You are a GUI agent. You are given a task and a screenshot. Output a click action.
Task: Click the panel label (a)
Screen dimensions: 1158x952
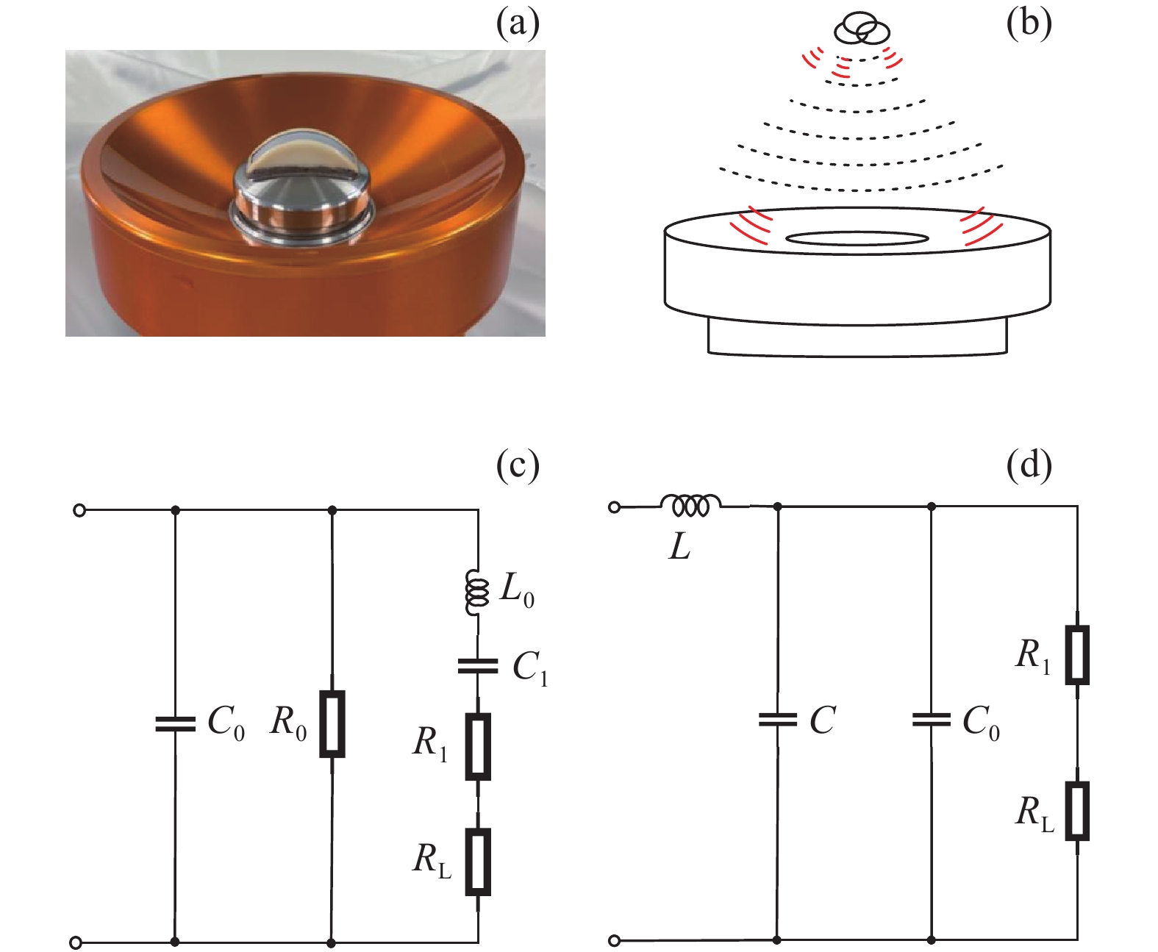point(518,25)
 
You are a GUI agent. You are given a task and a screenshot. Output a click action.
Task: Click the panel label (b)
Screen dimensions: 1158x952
point(1029,25)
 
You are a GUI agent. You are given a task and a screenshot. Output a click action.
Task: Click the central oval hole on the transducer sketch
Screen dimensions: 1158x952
point(857,237)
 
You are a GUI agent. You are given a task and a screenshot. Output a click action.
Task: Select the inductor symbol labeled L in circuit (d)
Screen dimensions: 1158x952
point(690,505)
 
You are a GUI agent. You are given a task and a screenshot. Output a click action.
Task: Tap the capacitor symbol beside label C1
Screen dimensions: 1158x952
point(478,667)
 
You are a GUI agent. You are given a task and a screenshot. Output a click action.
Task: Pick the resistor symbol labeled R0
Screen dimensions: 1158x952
point(332,724)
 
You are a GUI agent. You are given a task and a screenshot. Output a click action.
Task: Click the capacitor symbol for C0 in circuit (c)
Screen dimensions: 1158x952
point(175,724)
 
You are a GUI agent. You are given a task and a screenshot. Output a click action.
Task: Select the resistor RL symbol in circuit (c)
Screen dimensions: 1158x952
point(478,863)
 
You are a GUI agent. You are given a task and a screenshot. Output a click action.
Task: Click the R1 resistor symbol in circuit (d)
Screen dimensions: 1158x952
point(1077,655)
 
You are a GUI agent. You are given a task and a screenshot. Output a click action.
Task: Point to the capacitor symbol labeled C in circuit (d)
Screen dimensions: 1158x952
point(777,720)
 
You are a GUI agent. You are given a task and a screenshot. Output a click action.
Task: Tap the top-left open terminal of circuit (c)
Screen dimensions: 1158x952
point(79,511)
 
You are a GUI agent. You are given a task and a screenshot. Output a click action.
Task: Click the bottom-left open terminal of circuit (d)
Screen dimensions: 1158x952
point(615,940)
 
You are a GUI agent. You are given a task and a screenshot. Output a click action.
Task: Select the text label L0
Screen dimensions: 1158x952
point(516,591)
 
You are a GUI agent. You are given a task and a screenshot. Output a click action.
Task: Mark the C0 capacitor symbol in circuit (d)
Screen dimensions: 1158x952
point(932,720)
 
